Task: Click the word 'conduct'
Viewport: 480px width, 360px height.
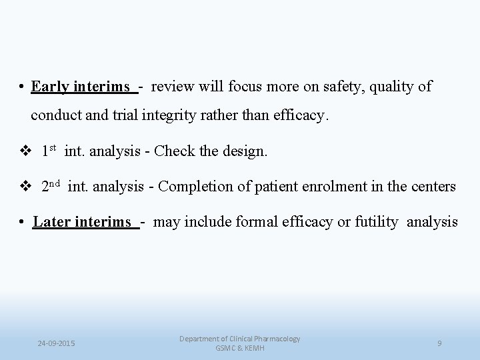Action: tap(56, 115)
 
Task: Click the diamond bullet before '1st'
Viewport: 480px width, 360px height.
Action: tap(27, 152)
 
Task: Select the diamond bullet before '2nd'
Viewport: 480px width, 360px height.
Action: tap(27, 187)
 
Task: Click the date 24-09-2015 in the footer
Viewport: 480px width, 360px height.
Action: tap(57, 343)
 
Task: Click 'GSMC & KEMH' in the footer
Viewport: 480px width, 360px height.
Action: tap(240, 349)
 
